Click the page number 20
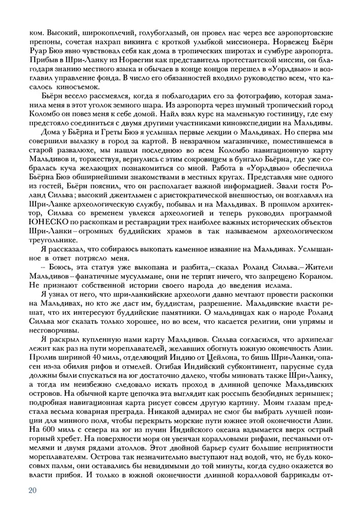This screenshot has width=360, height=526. [32, 490]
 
